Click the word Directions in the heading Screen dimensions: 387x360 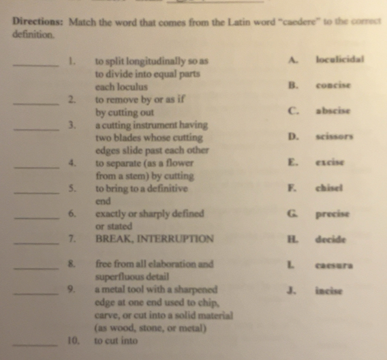click(x=35, y=21)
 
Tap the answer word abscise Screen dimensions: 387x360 click(x=332, y=110)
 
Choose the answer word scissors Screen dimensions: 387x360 click(x=335, y=137)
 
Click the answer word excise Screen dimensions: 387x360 click(x=330, y=162)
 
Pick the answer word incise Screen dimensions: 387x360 click(x=330, y=290)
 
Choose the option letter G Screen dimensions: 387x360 click(x=294, y=213)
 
